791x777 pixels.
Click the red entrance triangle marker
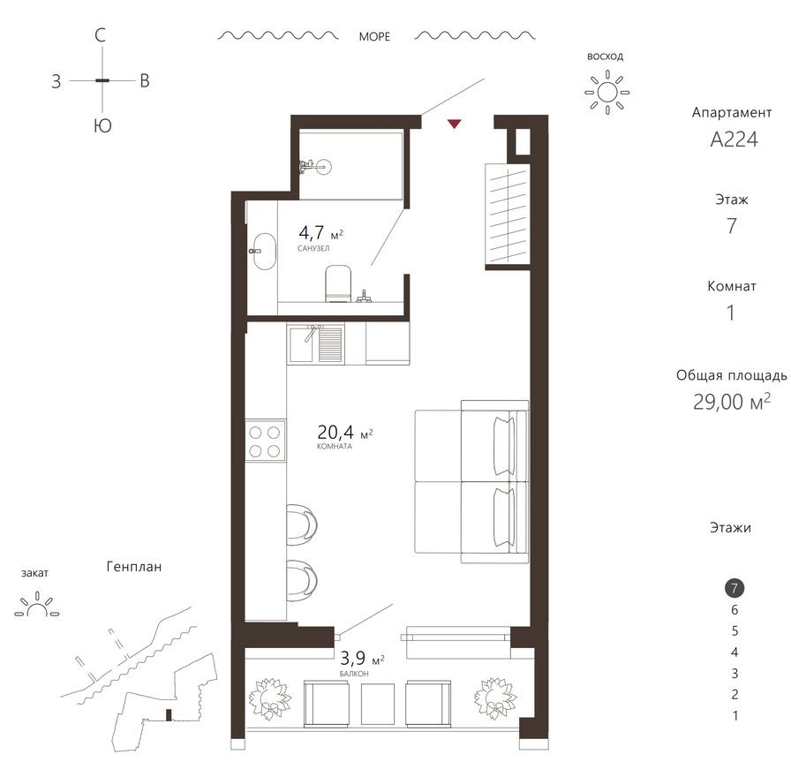pos(454,124)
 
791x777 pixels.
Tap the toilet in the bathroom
pos(338,285)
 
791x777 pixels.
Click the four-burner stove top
pos(266,441)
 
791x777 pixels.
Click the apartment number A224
pos(730,140)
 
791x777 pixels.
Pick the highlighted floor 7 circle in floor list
pos(734,588)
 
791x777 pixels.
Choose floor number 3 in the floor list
pos(734,674)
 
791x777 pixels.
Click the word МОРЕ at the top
pos(374,37)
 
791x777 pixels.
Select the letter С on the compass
pos(102,36)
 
